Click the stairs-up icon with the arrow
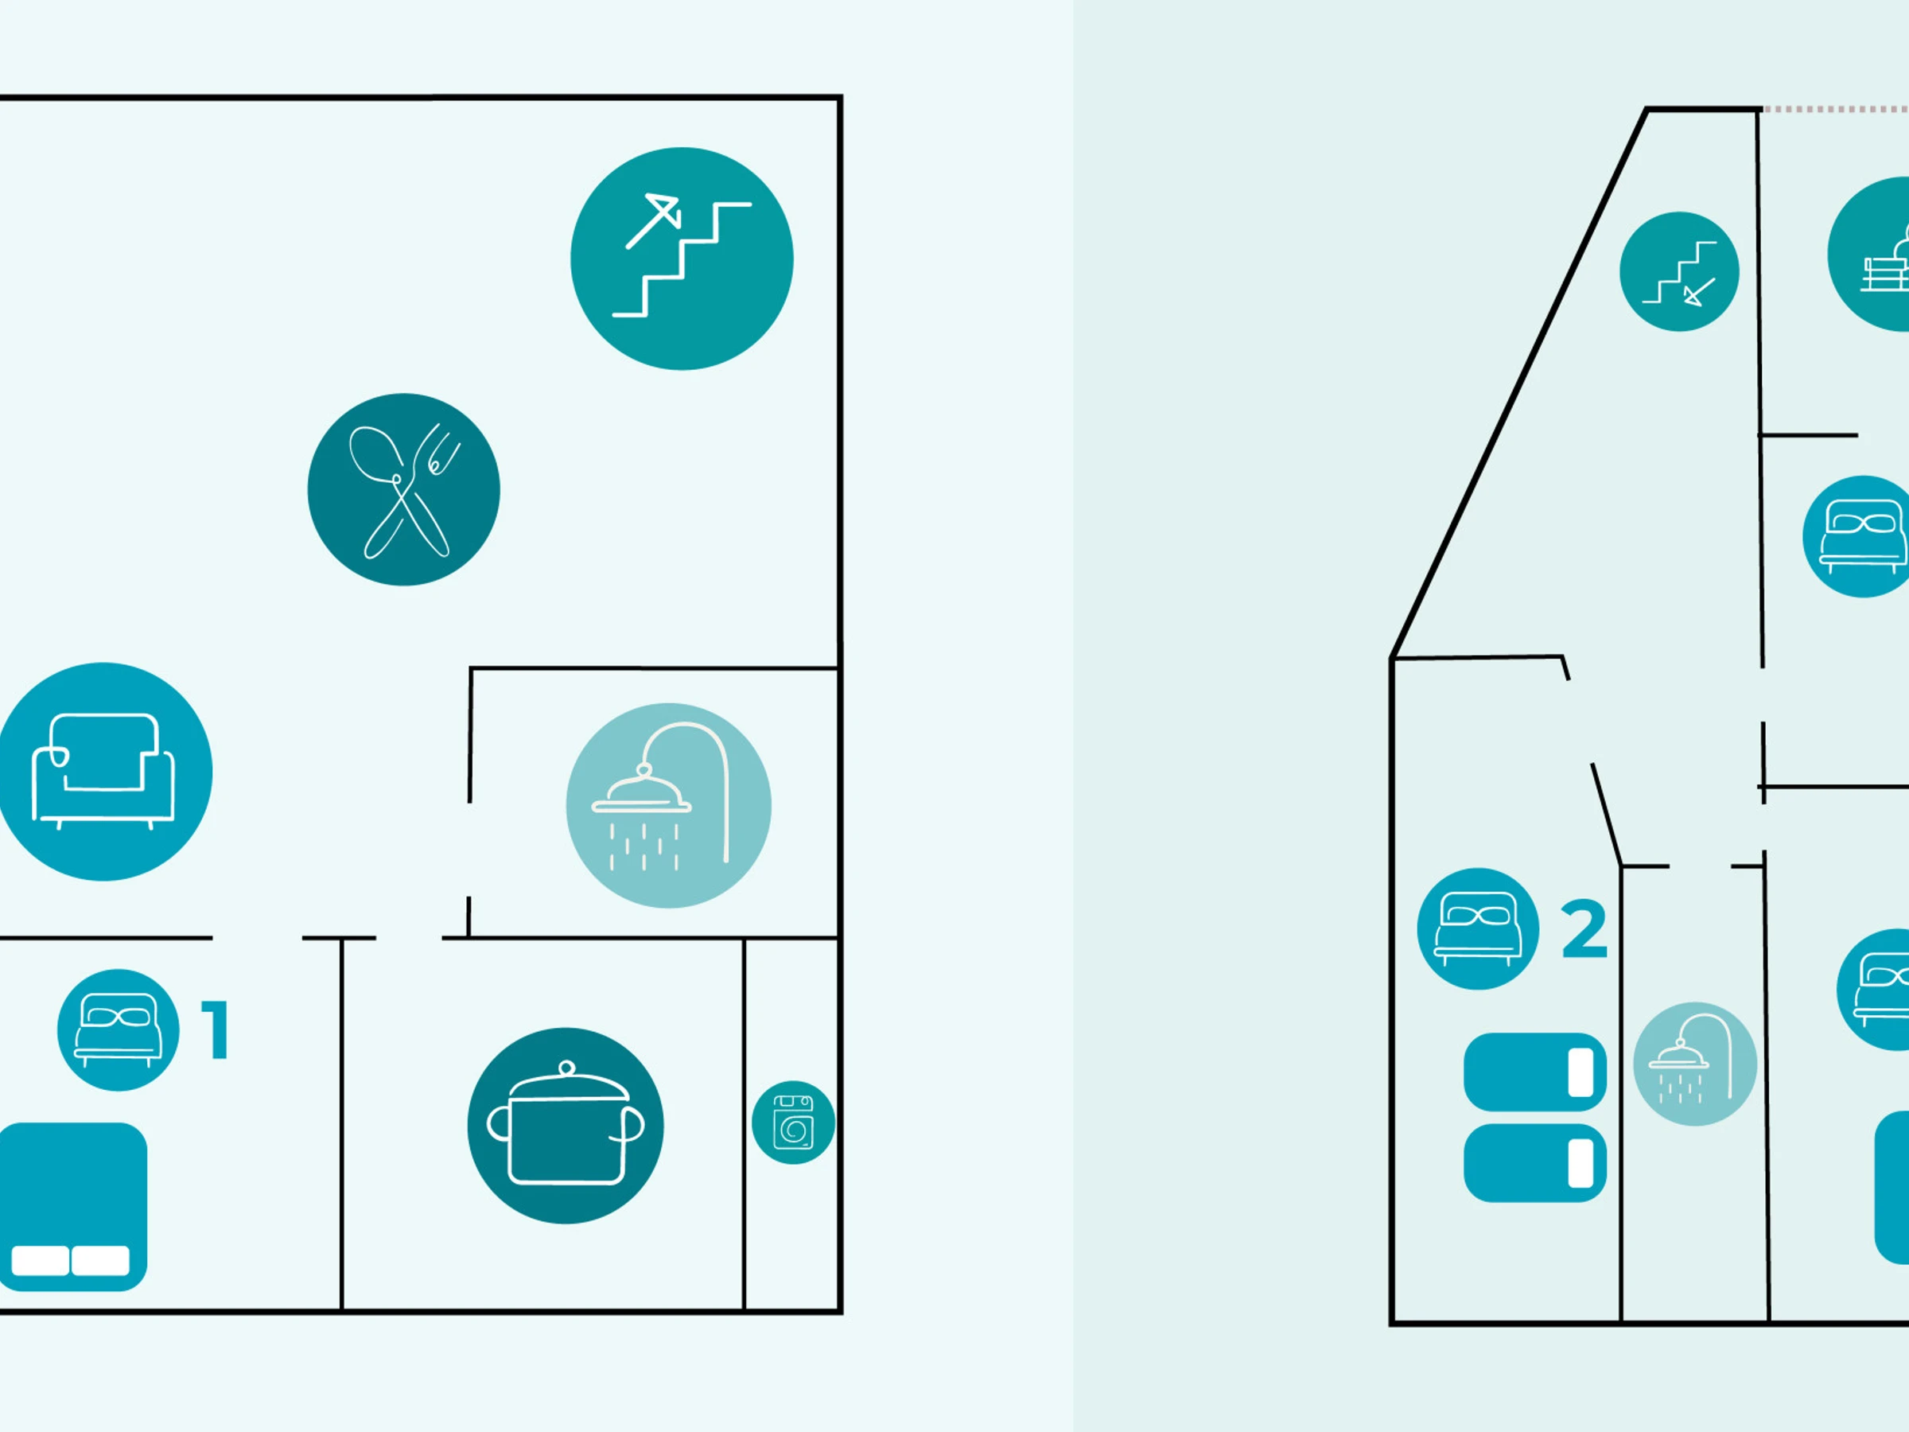pyautogui.click(x=682, y=259)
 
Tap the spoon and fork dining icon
pyautogui.click(x=404, y=489)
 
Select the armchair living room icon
pyautogui.click(x=103, y=771)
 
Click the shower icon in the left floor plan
pyautogui.click(x=669, y=804)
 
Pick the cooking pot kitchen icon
pyautogui.click(x=566, y=1125)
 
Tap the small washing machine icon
pyautogui.click(x=793, y=1122)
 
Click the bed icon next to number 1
pyautogui.click(x=119, y=1029)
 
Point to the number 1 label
pyautogui.click(x=216, y=1029)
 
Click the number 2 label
pyautogui.click(x=1584, y=930)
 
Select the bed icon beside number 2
pyautogui.click(x=1478, y=928)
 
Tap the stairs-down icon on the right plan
pyautogui.click(x=1678, y=271)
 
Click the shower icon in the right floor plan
pyautogui.click(x=1695, y=1064)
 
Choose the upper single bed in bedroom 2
pyautogui.click(x=1534, y=1072)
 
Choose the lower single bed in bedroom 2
pyautogui.click(x=1534, y=1162)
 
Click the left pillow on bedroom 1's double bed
pyautogui.click(x=40, y=1260)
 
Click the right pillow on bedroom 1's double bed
pyautogui.click(x=100, y=1260)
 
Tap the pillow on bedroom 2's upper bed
pyautogui.click(x=1580, y=1072)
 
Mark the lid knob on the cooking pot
pyautogui.click(x=566, y=1068)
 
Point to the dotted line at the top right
pyautogui.click(x=1834, y=110)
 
